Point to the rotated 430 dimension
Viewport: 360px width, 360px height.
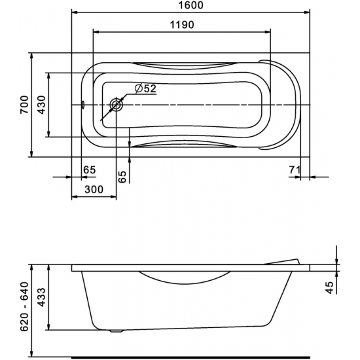[x=41, y=105]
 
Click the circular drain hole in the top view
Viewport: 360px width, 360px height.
[x=117, y=105]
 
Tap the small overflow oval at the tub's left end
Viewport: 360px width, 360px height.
[x=83, y=105]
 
